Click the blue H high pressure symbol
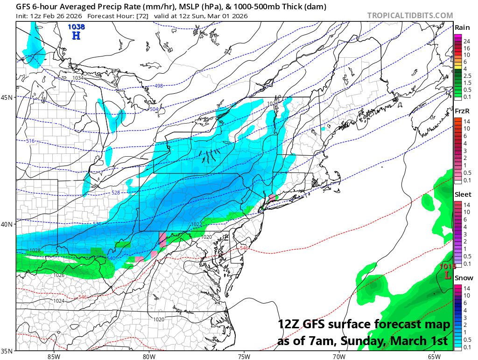[x=77, y=35]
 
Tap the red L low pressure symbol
[x=448, y=275]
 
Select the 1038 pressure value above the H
[x=76, y=27]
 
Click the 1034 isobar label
[x=78, y=78]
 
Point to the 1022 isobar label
[x=197, y=225]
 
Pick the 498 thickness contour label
[x=159, y=86]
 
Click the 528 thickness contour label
[x=116, y=193]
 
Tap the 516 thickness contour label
[x=30, y=141]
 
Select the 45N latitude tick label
[x=7, y=97]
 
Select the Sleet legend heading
[x=463, y=194]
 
